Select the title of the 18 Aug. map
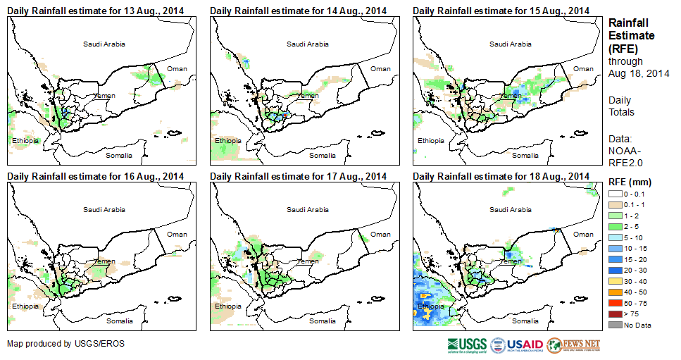pos(501,175)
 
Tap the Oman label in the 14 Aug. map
pos(380,68)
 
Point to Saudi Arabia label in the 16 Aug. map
pos(104,209)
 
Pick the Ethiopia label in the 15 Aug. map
pos(431,141)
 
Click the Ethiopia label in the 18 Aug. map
pos(431,306)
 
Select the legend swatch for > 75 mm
pos(615,314)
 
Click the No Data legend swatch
pos(615,324)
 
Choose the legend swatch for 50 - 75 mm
pos(615,302)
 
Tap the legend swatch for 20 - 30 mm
pos(615,270)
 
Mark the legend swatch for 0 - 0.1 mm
pos(615,194)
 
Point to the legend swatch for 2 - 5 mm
pos(615,226)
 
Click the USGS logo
pos(466,345)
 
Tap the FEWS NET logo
pos(573,345)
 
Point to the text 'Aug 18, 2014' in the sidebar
pos(637,73)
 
